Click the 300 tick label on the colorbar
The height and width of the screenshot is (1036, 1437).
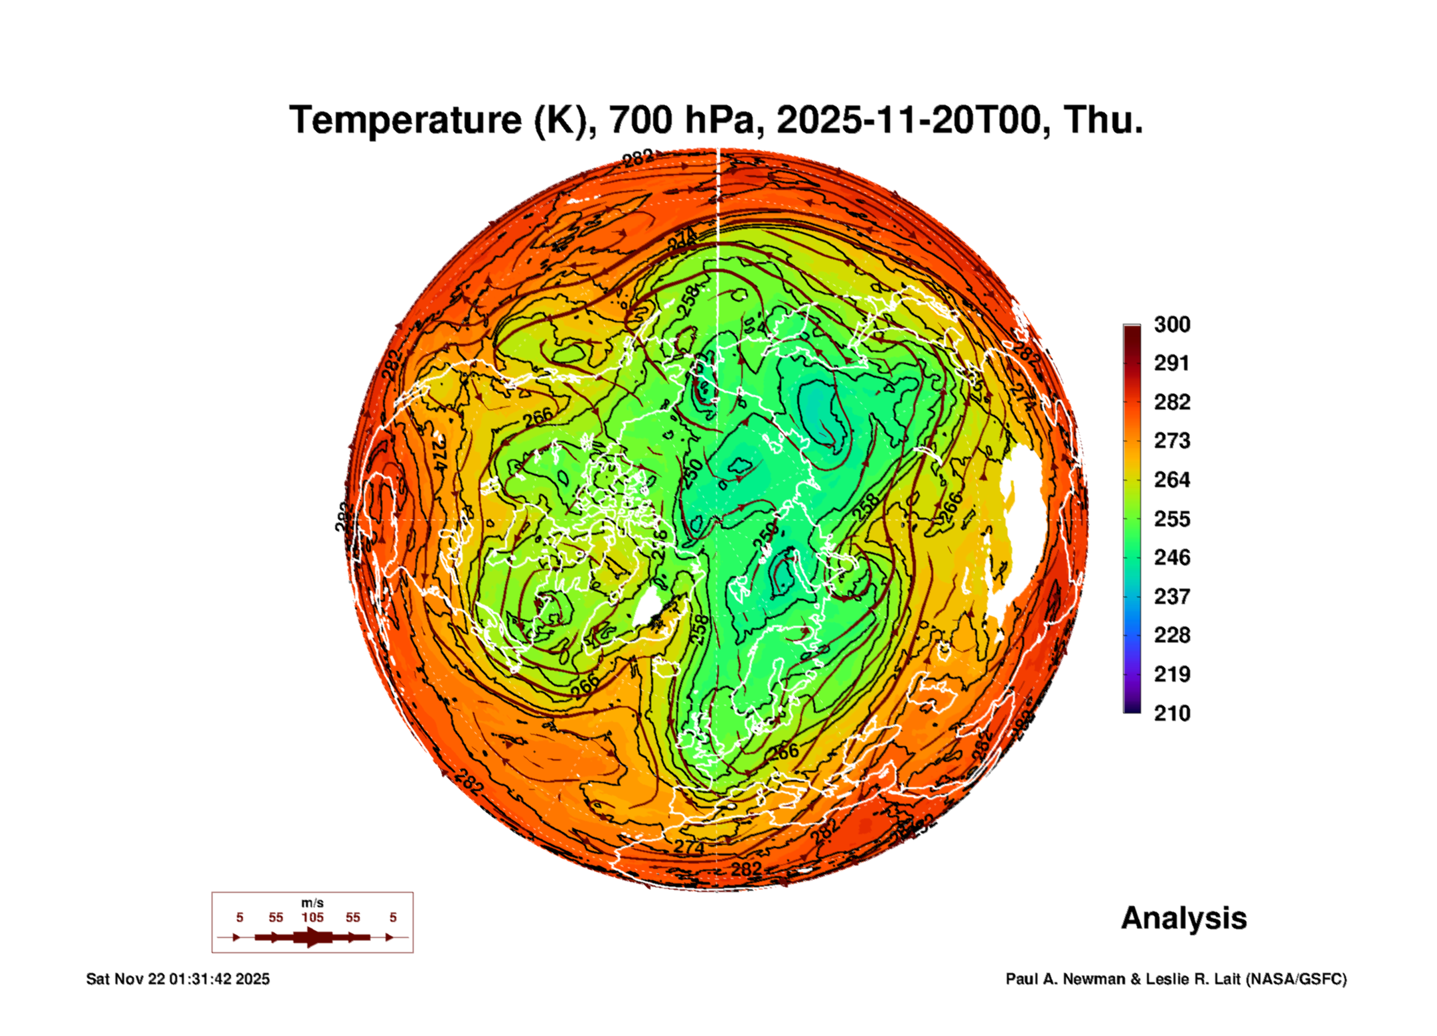(1172, 325)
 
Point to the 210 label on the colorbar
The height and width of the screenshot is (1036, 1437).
(1172, 713)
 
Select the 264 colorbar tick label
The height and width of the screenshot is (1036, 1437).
(1172, 480)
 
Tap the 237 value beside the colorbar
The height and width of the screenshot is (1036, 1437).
(1172, 597)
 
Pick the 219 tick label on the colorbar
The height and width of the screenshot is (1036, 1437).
(1172, 674)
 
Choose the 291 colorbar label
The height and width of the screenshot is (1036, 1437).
(1172, 363)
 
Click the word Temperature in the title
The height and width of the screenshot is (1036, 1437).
(406, 120)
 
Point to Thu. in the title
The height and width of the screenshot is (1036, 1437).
(1103, 120)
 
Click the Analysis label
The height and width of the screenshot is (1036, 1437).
(1183, 919)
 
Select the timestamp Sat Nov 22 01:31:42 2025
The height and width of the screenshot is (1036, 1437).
(178, 979)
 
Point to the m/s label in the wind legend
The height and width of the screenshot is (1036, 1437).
(312, 903)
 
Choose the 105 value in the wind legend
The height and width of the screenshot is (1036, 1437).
(312, 918)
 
